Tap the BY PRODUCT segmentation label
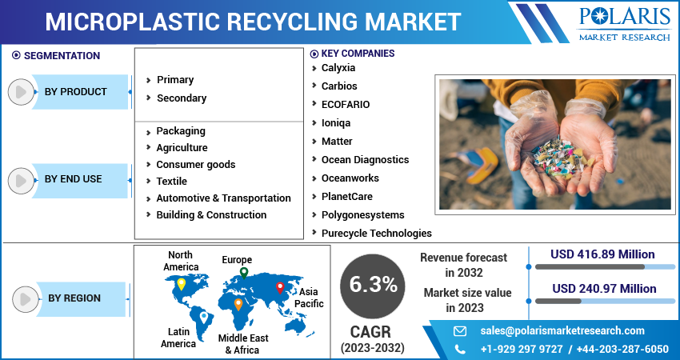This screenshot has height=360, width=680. (75, 92)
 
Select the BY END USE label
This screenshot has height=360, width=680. (73, 179)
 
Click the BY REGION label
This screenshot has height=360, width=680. (74, 298)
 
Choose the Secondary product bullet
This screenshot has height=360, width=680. (181, 98)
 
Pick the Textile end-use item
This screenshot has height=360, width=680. (171, 182)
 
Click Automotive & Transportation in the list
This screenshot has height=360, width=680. (223, 198)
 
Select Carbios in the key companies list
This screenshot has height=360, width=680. (339, 86)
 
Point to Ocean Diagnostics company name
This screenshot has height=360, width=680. (365, 160)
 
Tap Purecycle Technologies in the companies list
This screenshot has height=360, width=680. (376, 234)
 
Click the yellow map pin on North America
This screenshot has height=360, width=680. (181, 283)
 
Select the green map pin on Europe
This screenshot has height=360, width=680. (243, 273)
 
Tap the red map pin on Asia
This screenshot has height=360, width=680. (279, 286)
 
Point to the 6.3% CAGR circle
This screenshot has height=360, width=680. (372, 284)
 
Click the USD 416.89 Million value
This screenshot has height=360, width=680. (602, 254)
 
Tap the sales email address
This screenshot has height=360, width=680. (562, 331)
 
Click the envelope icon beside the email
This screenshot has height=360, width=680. (460, 331)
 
